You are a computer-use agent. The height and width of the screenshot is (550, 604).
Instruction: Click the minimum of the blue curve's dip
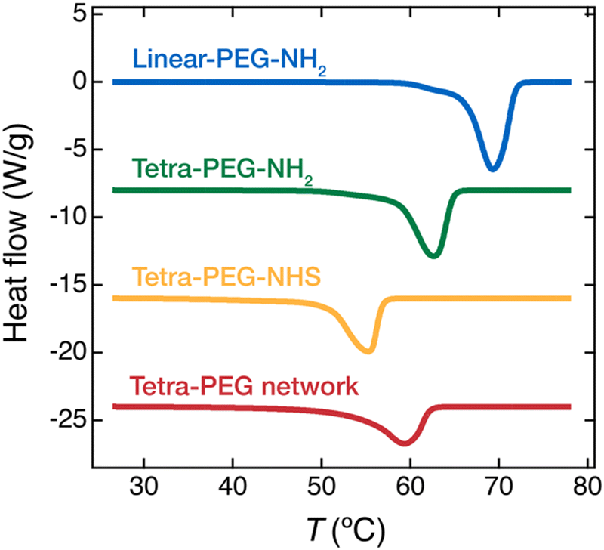(x=492, y=170)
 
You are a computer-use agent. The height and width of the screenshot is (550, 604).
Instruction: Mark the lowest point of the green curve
(x=432, y=257)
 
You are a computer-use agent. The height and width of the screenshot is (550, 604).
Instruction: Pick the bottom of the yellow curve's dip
(x=368, y=351)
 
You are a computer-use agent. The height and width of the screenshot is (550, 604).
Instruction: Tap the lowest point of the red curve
(x=404, y=443)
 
